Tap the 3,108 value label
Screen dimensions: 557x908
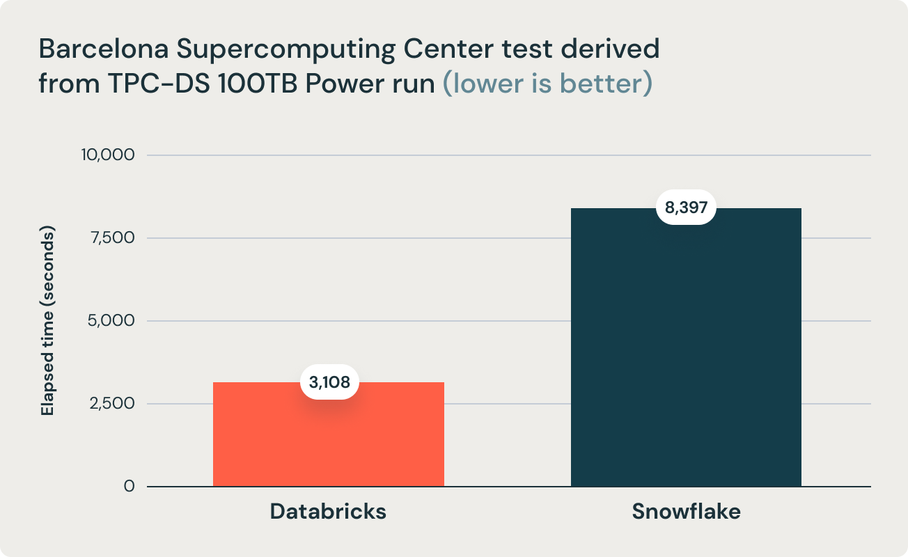[x=329, y=382]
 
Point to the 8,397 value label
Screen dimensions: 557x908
[x=686, y=207]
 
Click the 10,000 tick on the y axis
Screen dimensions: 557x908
[x=107, y=155]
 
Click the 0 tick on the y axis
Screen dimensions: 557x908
[x=129, y=486]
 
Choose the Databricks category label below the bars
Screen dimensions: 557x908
[x=328, y=512]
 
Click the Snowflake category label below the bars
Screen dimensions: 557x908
[x=686, y=512]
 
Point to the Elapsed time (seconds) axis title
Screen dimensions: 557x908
[x=47, y=321]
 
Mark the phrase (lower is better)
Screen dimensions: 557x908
[x=548, y=84]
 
